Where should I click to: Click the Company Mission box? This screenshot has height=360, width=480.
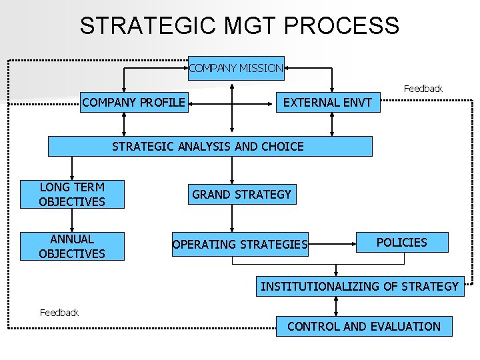(x=236, y=68)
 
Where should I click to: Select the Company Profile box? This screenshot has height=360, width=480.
(x=134, y=103)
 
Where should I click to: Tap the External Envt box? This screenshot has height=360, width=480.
(x=328, y=103)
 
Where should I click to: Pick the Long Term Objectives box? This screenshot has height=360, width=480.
(x=72, y=194)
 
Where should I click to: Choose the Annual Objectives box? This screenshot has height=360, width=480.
(x=72, y=245)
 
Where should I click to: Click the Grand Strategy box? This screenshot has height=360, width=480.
(x=241, y=194)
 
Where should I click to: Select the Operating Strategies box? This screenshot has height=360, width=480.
(x=240, y=245)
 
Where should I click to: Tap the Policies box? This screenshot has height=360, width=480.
(x=401, y=243)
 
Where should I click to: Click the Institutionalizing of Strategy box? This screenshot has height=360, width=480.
(x=359, y=287)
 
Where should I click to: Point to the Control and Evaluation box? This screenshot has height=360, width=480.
(x=363, y=326)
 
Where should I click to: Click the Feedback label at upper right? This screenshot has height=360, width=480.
(x=423, y=89)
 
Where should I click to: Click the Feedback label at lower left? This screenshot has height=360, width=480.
(x=59, y=312)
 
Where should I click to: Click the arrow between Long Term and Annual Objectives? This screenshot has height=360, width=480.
(x=72, y=220)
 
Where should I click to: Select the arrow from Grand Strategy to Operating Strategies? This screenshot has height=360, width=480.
(x=231, y=219)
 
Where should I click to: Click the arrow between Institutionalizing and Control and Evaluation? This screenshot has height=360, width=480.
(x=336, y=306)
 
